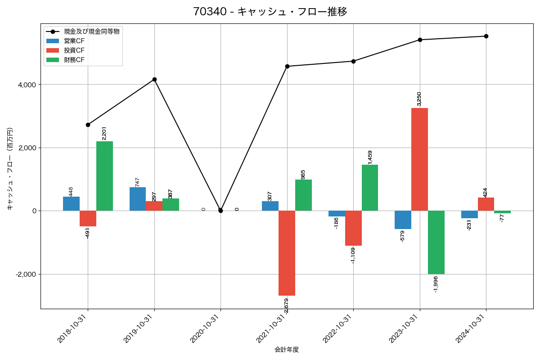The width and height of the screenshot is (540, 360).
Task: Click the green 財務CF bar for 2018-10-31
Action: point(104,176)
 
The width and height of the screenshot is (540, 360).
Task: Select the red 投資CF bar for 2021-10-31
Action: point(287,253)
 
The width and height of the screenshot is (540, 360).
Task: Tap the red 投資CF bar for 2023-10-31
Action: point(419,159)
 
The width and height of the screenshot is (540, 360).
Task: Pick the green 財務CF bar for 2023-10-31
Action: point(436,242)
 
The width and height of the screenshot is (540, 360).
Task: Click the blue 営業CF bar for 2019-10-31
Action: point(138,199)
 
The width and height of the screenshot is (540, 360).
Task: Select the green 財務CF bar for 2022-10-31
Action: point(370,188)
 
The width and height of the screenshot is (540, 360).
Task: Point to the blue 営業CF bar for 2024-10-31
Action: point(469,214)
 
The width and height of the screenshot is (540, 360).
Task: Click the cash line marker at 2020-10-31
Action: point(220,211)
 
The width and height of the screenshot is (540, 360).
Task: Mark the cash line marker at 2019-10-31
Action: point(154,79)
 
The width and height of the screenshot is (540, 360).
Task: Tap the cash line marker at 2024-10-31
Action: point(486,36)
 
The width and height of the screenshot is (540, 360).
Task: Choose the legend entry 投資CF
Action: point(74,50)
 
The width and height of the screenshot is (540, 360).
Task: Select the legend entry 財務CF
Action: point(74,60)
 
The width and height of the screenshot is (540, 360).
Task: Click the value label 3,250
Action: point(419,99)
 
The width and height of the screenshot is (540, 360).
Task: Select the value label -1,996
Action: point(435,284)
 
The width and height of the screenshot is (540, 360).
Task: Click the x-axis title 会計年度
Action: point(287,349)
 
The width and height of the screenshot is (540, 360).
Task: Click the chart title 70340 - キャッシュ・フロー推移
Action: point(270,11)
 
